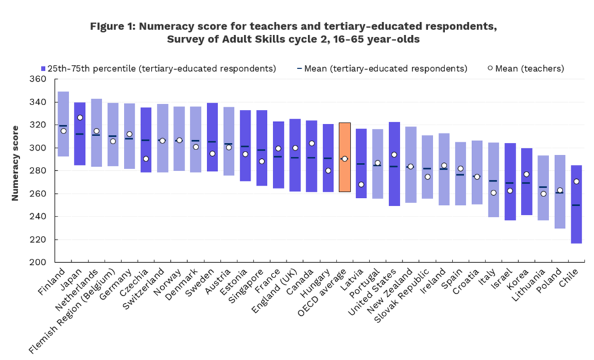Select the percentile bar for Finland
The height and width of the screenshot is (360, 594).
[63, 124]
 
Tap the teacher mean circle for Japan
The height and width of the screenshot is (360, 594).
[80, 118]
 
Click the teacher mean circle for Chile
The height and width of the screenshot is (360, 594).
[577, 182]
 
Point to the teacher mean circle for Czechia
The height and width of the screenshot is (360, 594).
[145, 159]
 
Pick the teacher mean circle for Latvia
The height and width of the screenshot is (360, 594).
[361, 184]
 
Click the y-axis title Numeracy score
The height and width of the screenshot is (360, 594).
[14, 170]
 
